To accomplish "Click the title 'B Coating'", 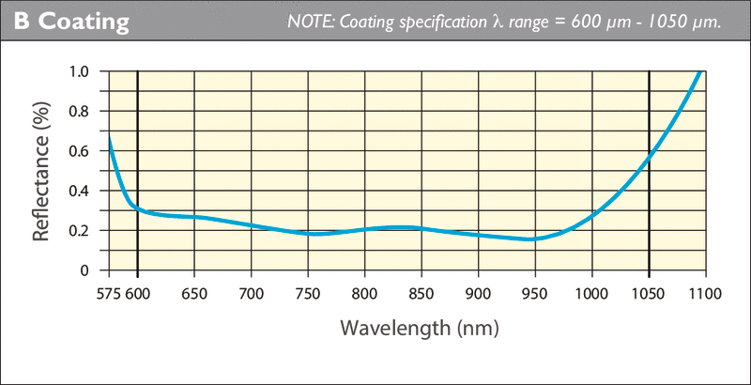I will coord(70,22).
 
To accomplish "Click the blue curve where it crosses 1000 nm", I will coord(591,215).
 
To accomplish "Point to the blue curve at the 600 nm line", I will coord(138,208).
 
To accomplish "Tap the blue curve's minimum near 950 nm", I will coord(532,239).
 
